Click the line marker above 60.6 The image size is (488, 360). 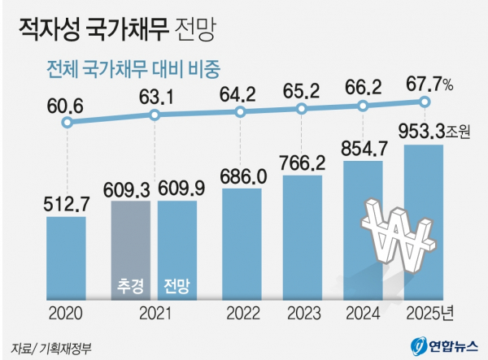67,123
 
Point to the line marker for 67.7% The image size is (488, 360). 424,102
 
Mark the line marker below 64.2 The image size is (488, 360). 240,111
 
